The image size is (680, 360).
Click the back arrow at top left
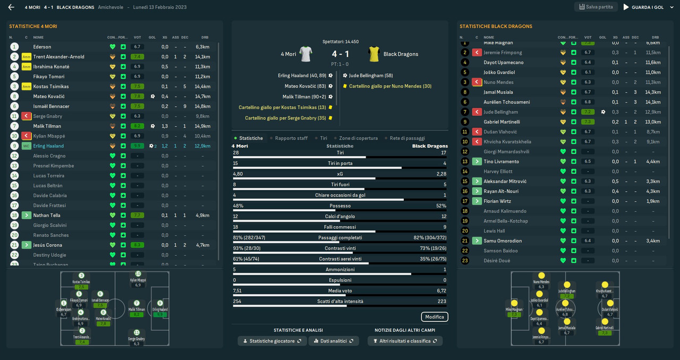pos(11,7)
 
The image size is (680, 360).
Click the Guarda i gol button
pos(643,7)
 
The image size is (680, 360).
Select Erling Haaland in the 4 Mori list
pos(48,146)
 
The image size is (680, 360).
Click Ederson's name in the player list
pos(42,47)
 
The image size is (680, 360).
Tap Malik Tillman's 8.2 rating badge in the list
pos(138,126)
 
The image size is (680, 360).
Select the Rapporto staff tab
pos(291,138)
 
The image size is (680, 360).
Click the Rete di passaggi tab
pos(409,138)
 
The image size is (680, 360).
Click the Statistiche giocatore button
pos(272,341)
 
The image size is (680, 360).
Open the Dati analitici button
pos(334,341)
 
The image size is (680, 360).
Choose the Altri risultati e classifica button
pos(405,341)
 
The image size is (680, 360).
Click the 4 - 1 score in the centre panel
pos(340,54)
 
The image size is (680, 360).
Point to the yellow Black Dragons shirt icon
pos(374,54)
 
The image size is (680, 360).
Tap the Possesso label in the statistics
pos(340,206)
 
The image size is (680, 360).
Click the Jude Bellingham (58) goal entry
pos(371,75)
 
